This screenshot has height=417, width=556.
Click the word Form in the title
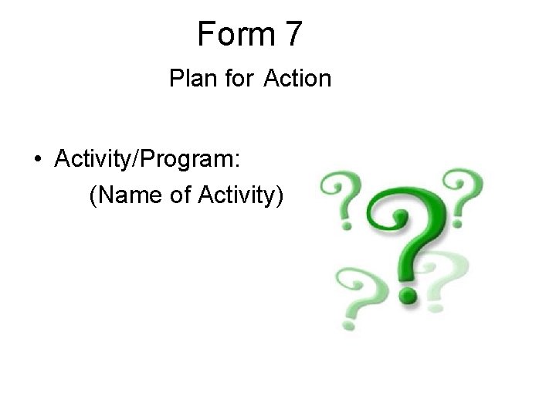232,33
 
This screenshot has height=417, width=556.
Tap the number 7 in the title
294,33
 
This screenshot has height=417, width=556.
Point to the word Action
297,78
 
